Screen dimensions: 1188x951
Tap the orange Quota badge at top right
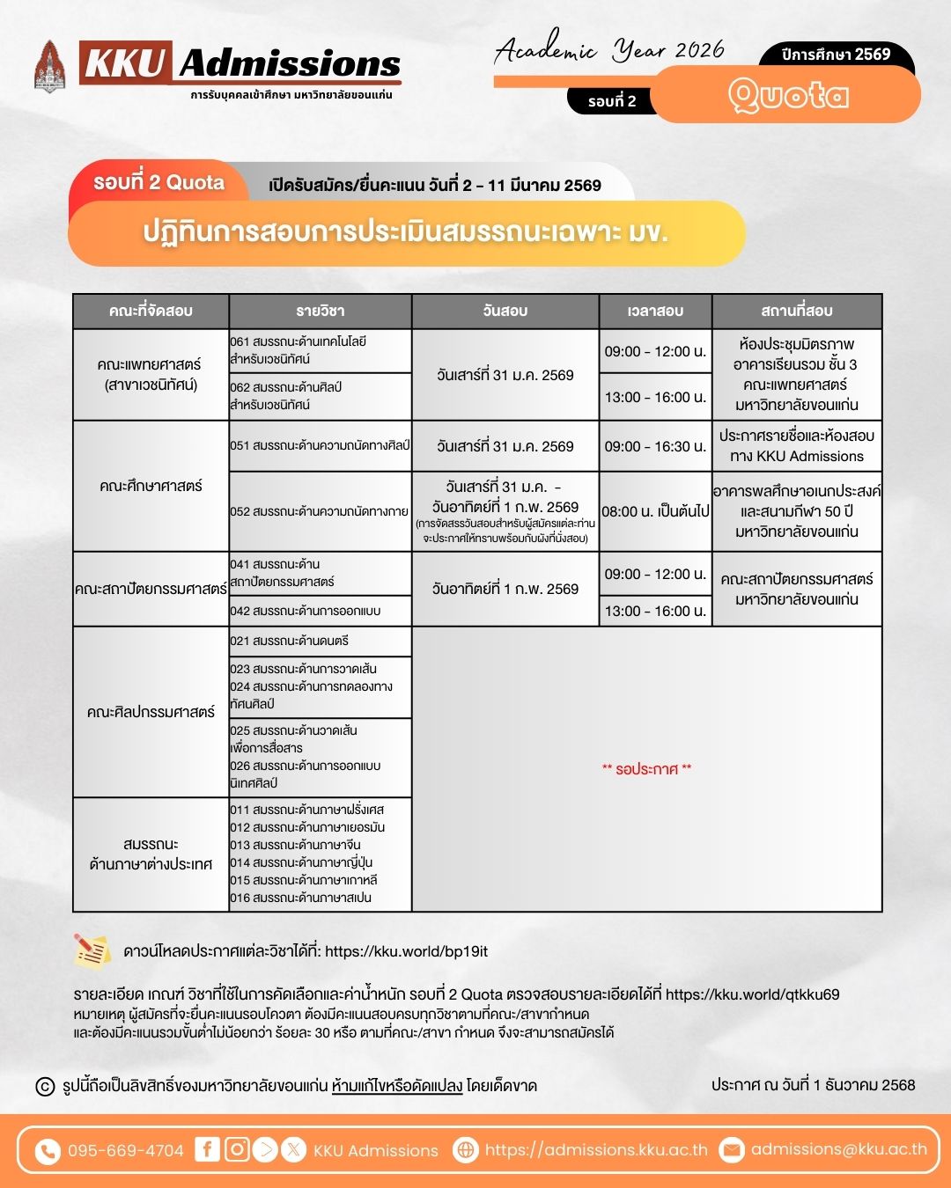[786, 95]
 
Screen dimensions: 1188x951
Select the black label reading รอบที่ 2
[612, 101]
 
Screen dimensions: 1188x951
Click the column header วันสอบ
[505, 311]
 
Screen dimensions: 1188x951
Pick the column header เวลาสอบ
[655, 311]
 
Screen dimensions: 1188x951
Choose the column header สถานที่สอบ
[796, 311]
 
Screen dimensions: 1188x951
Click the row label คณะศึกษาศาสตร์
[151, 486]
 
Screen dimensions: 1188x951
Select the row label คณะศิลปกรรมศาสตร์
[151, 712]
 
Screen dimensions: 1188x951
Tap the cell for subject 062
[320, 396]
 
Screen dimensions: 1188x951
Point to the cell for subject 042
[320, 611]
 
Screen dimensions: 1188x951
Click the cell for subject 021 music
[320, 641]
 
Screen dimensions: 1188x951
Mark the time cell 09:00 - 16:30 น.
[655, 446]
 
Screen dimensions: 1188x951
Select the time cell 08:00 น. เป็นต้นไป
[655, 511]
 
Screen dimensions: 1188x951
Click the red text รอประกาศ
[646, 769]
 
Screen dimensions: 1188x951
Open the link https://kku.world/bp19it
[406, 951]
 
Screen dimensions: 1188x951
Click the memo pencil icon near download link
[92, 950]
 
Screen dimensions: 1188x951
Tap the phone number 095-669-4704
[125, 1150]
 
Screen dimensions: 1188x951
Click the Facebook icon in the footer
[207, 1149]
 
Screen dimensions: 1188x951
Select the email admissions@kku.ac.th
[838, 1149]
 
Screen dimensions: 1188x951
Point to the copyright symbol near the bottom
[45, 1086]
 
